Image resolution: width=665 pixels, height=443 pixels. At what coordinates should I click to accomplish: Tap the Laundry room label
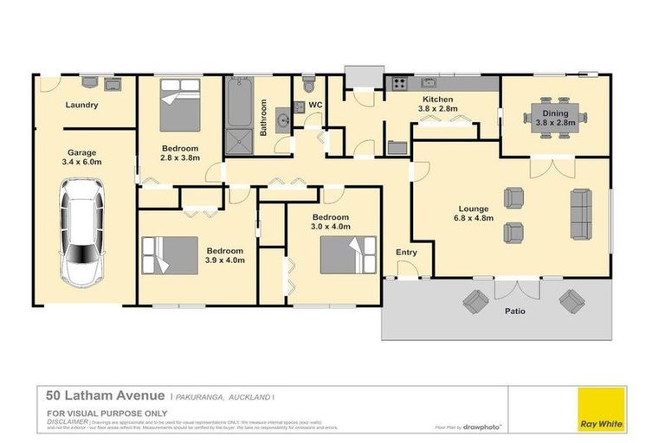82,106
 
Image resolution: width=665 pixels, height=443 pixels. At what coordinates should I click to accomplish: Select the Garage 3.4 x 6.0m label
82,157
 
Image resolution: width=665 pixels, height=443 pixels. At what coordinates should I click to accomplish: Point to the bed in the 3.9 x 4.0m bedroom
171,255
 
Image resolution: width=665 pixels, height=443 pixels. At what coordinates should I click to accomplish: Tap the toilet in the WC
308,86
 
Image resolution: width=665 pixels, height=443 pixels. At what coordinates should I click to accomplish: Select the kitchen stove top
400,85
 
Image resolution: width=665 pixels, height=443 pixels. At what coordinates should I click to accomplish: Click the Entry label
406,253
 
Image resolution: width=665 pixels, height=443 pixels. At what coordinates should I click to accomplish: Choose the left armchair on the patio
475,302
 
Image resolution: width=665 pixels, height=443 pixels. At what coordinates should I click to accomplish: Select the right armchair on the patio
571,301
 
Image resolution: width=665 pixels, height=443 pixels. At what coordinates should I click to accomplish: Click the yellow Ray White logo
604,408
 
